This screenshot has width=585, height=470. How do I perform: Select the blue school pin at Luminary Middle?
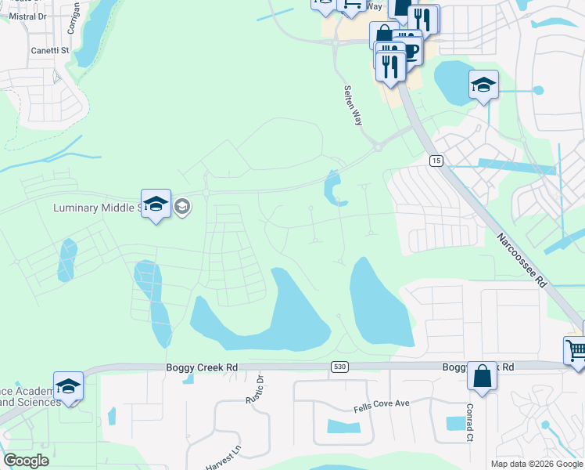pyautogui.click(x=156, y=204)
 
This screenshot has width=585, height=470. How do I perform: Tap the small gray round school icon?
pyautogui.click(x=182, y=207)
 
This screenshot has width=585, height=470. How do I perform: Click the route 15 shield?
pyautogui.click(x=436, y=160)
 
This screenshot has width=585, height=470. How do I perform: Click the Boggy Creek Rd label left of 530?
pyautogui.click(x=201, y=367)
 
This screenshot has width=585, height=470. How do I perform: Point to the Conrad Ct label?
pyautogui.click(x=470, y=423)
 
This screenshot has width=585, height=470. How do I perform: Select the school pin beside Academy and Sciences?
pyautogui.click(x=68, y=386)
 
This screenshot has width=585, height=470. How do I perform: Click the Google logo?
pyautogui.click(x=26, y=461)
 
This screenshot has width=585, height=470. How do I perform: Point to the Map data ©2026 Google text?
pyautogui.click(x=537, y=464)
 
